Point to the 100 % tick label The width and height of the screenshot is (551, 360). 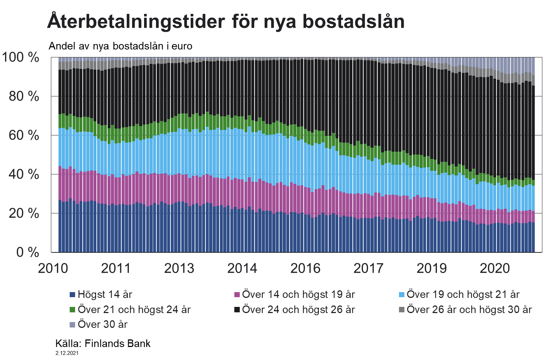(21, 57)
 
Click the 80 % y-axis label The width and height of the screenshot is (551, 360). (24, 96)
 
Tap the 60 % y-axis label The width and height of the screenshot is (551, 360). (24, 135)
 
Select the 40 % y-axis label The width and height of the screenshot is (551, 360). (24, 174)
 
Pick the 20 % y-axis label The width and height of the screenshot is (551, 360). (24, 213)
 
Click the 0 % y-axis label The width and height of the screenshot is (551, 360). (27, 252)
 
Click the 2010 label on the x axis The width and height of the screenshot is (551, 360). (53, 268)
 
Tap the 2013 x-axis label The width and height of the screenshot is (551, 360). (179, 268)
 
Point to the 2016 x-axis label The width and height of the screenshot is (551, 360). (305, 268)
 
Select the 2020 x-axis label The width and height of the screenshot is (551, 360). (494, 268)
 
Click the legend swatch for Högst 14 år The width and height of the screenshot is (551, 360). (72, 295)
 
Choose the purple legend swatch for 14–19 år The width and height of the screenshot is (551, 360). (237, 295)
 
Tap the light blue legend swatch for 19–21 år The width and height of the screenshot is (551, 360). (402, 295)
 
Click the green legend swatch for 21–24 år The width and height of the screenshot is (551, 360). (72, 310)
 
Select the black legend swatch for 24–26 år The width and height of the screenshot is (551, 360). (237, 310)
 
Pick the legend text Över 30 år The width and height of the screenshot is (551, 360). (103, 324)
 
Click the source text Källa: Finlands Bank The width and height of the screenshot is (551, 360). (103, 343)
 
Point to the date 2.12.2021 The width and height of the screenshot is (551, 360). (67, 353)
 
